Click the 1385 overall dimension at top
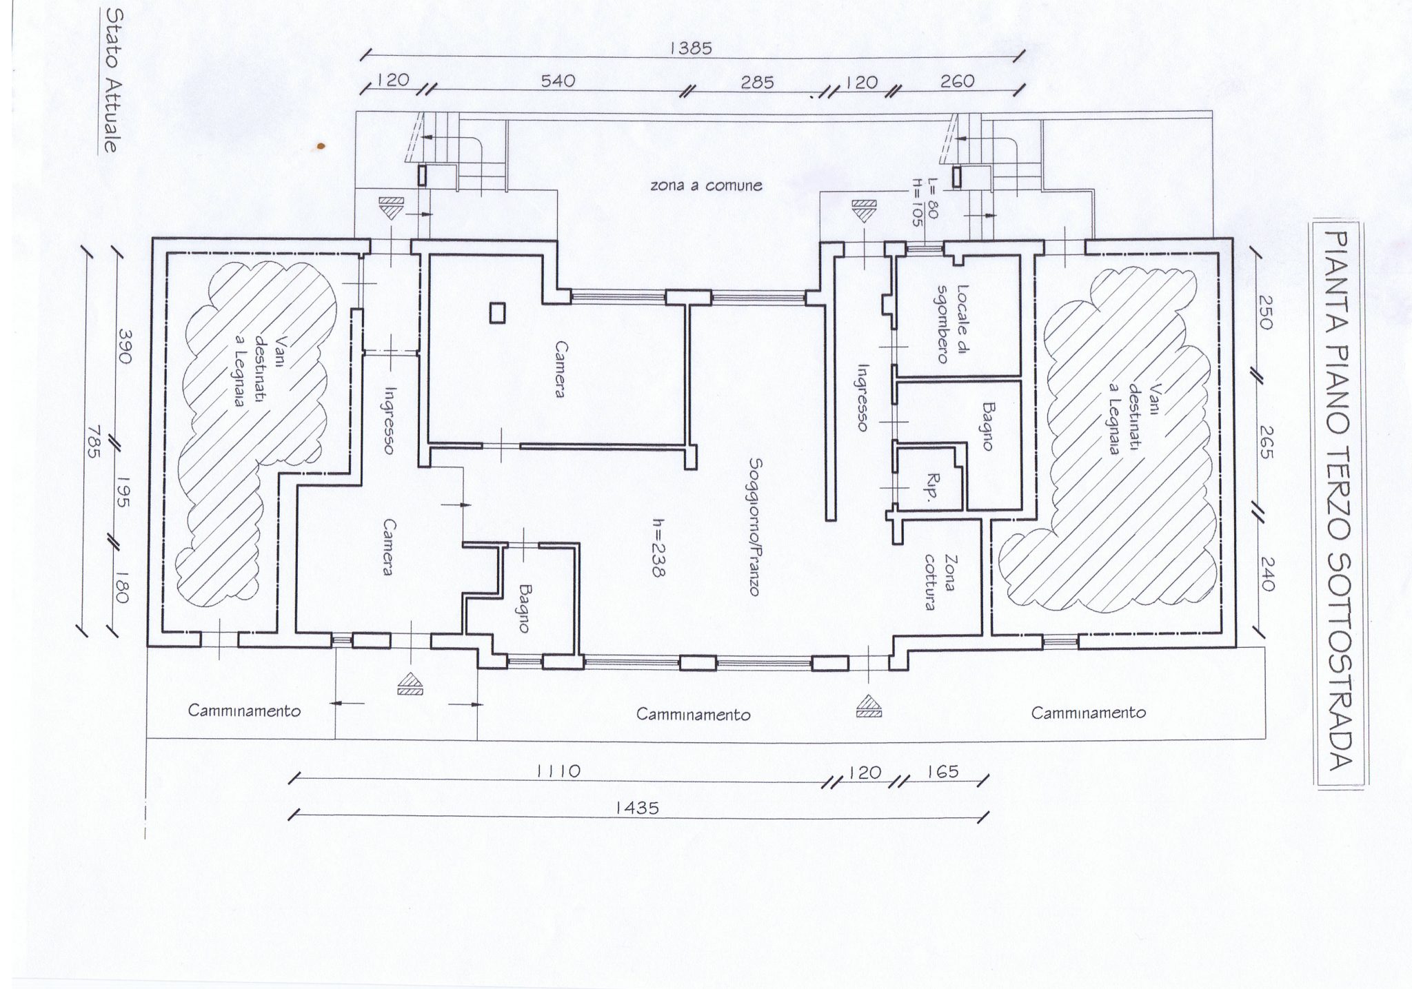pyautogui.click(x=691, y=48)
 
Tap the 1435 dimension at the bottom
pyautogui.click(x=638, y=808)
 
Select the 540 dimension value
pyautogui.click(x=557, y=81)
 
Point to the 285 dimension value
pyautogui.click(x=757, y=83)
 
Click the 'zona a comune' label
pyautogui.click(x=706, y=185)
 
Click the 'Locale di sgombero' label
pyautogui.click(x=954, y=323)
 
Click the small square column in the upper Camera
pyautogui.click(x=496, y=314)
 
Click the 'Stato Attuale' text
pyautogui.click(x=109, y=80)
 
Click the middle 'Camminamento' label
pyautogui.click(x=693, y=715)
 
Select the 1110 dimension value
pyautogui.click(x=558, y=771)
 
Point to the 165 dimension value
pyautogui.click(x=942, y=771)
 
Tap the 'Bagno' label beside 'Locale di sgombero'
pyautogui.click(x=986, y=427)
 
